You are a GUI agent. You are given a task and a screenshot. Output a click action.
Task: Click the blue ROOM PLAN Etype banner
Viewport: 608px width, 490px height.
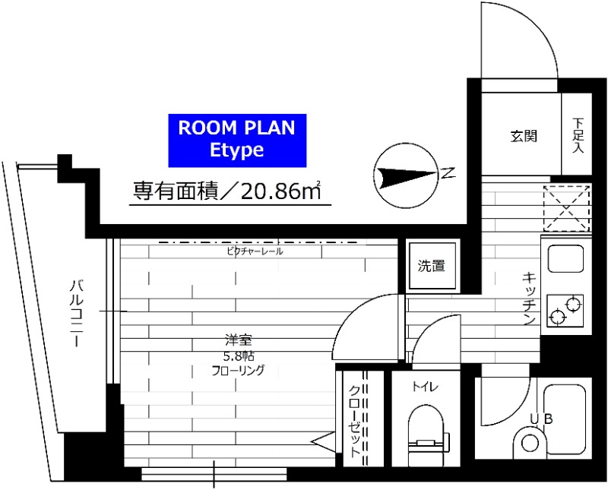236,139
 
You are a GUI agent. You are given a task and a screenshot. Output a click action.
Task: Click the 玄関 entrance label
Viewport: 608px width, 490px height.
524,137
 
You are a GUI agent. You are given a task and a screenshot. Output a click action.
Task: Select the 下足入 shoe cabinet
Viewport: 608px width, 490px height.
578,135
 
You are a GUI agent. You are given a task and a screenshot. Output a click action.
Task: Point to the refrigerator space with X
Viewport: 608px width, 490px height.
567,207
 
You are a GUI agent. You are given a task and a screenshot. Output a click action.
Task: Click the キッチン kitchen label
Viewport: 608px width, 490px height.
530,299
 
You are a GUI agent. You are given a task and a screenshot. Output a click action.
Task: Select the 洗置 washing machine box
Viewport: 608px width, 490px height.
430,266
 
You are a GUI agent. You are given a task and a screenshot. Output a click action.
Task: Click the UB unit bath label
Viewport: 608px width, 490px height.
542,417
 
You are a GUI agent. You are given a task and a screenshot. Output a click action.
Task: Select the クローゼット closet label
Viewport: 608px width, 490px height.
354,418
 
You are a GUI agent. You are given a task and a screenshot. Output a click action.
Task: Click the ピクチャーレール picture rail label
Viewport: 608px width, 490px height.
255,251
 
